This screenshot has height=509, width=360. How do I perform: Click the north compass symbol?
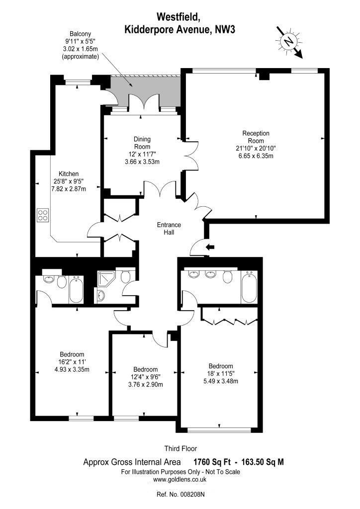click(x=288, y=41)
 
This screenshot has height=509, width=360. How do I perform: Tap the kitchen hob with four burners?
click(x=43, y=215)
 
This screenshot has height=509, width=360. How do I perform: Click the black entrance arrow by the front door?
click(x=210, y=248)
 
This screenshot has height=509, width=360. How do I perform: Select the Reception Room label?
click(x=256, y=137)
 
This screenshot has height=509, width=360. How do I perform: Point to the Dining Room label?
click(x=142, y=143)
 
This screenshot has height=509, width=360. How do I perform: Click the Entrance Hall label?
click(x=169, y=229)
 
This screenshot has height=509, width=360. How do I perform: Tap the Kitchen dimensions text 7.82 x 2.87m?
click(x=69, y=188)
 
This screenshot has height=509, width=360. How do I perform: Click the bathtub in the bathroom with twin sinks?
click(x=249, y=287)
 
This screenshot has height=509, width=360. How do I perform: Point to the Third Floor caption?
click(x=180, y=449)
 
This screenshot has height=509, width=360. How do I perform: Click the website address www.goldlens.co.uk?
click(x=180, y=480)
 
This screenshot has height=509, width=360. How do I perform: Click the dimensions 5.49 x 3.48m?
click(x=221, y=381)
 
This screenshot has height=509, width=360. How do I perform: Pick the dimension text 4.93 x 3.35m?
click(x=72, y=369)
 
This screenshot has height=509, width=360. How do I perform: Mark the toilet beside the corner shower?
click(x=126, y=276)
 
